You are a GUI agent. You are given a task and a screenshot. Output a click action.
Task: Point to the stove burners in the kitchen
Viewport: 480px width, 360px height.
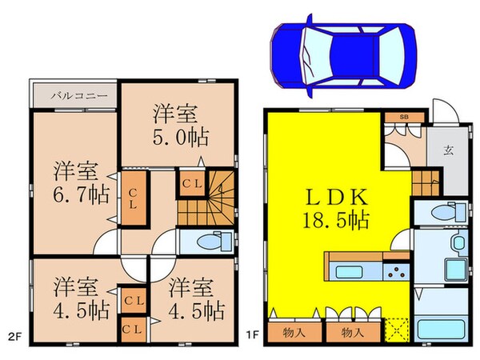(x=394, y=272)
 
